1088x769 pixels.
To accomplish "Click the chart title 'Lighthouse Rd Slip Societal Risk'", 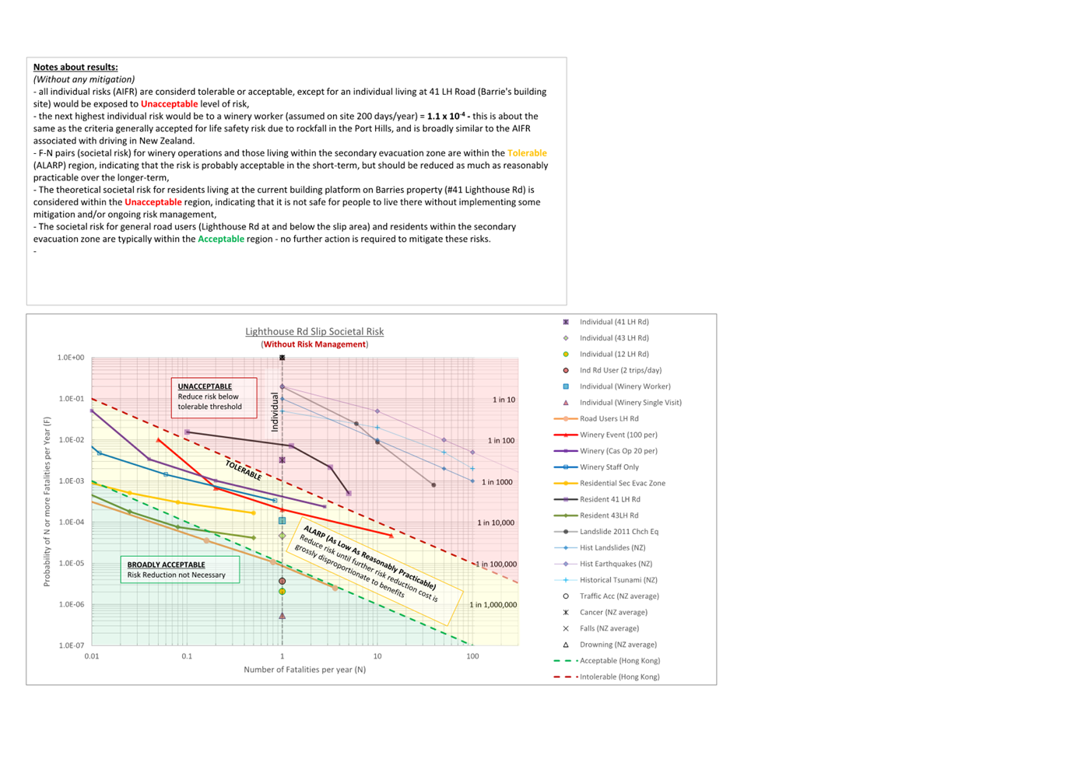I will coord(314,331).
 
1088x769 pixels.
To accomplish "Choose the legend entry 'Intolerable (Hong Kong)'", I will coord(619,676).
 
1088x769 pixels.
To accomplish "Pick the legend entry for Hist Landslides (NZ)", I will coord(612,547).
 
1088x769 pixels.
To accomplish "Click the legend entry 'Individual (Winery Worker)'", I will coord(624,386).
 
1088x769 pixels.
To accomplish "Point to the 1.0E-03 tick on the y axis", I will coord(71,481).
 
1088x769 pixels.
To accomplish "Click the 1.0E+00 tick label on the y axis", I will coord(71,358).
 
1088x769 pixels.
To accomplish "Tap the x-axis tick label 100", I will coord(472,656).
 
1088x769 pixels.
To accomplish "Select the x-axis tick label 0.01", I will coord(92,656).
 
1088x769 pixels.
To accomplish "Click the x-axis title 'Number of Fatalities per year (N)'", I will coord(304,669).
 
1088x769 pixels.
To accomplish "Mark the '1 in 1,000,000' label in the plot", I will coord(493,605).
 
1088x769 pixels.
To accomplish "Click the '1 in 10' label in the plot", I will coord(504,400).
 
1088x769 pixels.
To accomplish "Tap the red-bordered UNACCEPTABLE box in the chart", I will coord(214,397).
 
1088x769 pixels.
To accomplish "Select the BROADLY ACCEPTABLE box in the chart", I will coord(180,570).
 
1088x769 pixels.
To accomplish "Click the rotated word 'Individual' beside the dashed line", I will coord(275,412).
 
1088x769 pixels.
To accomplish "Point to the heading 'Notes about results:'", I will coord(75,67).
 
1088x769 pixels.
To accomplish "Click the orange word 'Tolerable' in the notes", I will coord(527,153).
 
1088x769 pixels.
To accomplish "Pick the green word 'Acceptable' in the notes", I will coord(221,239).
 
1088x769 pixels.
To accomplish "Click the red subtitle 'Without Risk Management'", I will coord(314,344).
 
